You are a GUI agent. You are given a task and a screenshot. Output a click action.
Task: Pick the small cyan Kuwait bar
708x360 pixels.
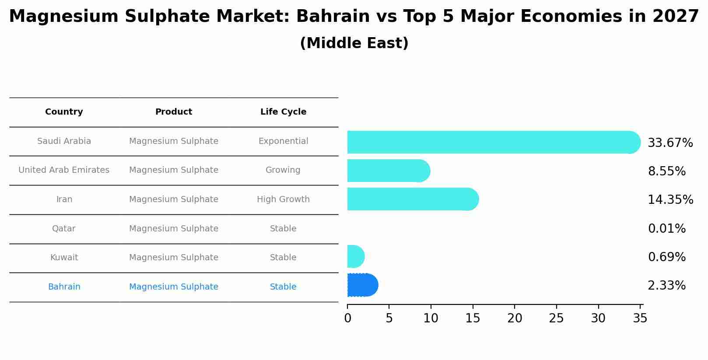(355, 256)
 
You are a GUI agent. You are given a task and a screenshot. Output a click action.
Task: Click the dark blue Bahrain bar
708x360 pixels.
(362, 285)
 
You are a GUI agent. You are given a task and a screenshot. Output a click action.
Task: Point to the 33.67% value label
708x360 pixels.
(670, 143)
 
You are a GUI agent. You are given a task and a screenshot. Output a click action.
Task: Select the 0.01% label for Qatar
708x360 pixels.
(666, 229)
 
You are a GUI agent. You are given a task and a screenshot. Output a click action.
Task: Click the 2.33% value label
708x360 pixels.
(666, 286)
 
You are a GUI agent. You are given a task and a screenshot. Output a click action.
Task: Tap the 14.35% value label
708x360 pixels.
(670, 200)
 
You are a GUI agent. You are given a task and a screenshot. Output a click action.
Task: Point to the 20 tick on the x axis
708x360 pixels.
(515, 318)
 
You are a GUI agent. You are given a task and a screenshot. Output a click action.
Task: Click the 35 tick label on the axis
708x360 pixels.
(640, 318)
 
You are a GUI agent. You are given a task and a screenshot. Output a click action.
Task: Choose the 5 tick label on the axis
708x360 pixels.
(389, 318)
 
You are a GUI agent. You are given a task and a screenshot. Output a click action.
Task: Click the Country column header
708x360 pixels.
(64, 112)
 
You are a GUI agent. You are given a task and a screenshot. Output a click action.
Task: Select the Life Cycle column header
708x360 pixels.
(283, 112)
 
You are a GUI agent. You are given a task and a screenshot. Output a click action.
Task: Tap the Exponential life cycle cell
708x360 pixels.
(283, 141)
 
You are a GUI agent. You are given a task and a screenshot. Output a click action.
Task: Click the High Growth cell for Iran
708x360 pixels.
(283, 199)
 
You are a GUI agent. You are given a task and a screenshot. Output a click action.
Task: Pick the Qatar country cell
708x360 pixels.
(64, 229)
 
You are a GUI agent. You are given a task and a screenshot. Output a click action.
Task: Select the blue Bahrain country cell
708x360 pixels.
(64, 287)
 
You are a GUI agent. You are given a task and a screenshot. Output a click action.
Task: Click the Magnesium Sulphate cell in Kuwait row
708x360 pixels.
(174, 258)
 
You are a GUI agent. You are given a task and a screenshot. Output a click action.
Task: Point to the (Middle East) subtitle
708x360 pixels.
(354, 43)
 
